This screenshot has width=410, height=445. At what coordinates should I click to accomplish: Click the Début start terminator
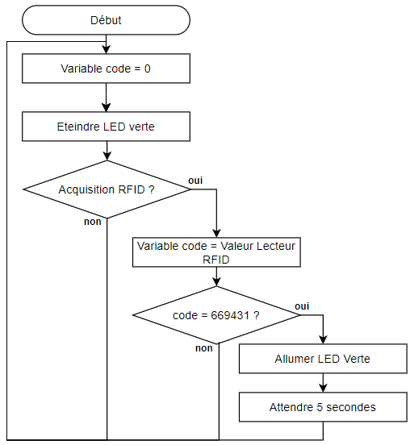tap(106, 20)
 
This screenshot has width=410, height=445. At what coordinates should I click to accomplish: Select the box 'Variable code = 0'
tap(106, 69)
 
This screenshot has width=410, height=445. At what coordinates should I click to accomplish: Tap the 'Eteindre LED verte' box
tap(106, 127)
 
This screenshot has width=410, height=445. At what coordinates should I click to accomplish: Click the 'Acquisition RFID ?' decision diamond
tap(107, 189)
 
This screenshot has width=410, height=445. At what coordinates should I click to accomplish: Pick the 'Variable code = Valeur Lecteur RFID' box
tap(216, 252)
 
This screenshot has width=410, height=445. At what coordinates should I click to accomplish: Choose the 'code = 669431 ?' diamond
tap(216, 315)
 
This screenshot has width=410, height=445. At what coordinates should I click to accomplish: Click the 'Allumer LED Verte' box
tap(323, 359)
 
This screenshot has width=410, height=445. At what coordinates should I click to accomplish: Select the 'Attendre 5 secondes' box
tap(323, 407)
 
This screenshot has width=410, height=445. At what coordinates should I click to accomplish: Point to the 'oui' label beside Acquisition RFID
tap(195, 181)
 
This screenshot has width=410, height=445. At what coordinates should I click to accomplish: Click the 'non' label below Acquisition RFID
tap(93, 222)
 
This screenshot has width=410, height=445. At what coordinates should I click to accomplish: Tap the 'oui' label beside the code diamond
tap(302, 306)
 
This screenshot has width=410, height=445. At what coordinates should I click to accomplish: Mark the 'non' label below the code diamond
tap(204, 348)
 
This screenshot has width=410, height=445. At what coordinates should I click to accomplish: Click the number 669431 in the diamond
tap(230, 315)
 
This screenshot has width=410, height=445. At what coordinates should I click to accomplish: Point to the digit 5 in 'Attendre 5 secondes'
tap(320, 407)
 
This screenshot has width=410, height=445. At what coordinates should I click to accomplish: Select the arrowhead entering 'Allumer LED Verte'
tap(323, 339)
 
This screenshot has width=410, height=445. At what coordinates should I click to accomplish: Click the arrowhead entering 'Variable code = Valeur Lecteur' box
tap(216, 233)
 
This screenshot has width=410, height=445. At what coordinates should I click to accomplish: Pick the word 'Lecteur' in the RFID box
tap(276, 246)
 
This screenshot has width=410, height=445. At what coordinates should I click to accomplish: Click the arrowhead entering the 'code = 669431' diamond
tap(216, 282)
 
